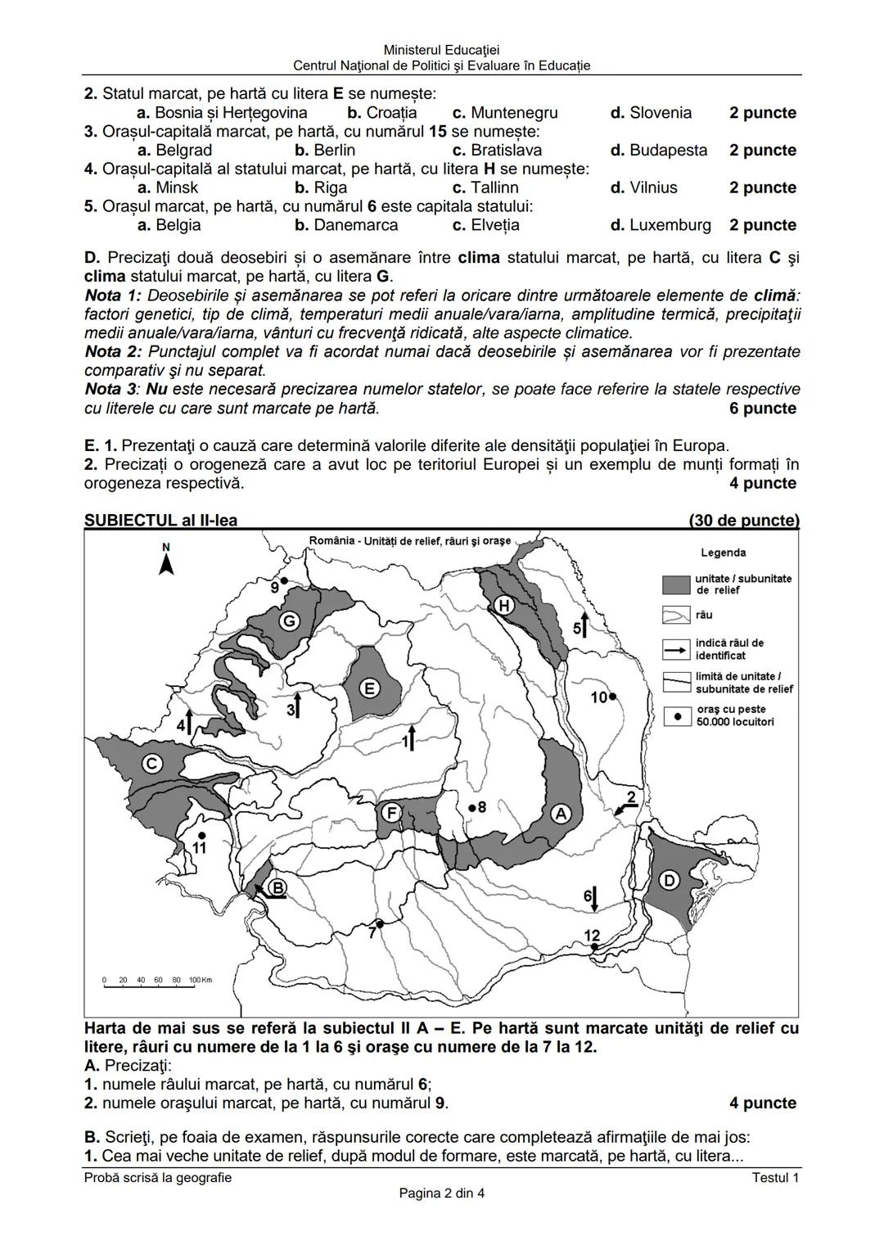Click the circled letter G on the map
pos(290,621)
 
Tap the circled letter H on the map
pos(503,605)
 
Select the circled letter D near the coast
pos(669,880)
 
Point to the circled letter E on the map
pos(370,688)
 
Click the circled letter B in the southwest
pos(277,887)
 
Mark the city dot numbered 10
pos(612,696)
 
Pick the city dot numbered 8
pos(471,807)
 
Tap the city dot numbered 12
pos(594,946)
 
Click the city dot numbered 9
pos(283,580)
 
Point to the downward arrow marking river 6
pos(595,898)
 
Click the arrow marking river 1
pos(413,737)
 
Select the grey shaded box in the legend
pos(676,584)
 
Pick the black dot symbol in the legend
pos(676,715)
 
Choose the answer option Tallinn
pos(494,187)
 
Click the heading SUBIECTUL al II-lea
pos(161,521)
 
